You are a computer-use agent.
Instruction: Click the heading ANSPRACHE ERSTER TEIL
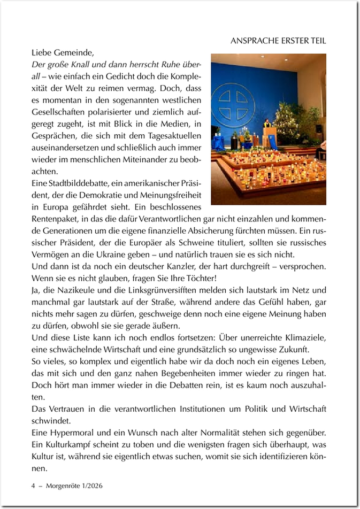coord(278,41)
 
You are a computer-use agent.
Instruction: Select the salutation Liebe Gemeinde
coord(63,53)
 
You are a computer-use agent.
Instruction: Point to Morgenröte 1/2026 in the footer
coord(75,486)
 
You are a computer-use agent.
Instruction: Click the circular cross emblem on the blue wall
coord(229,104)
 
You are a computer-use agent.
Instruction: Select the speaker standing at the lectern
coord(266,127)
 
